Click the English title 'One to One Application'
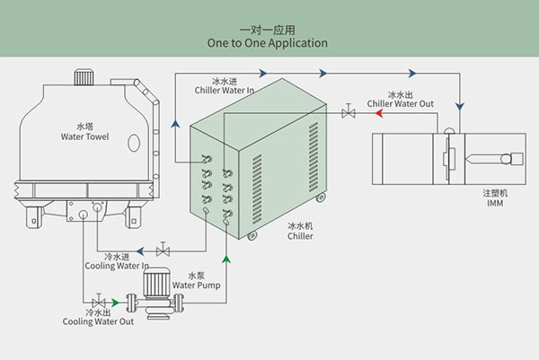267,42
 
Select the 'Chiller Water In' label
230,91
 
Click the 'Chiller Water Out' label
401,104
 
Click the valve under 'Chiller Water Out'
348,113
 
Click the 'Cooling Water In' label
117,266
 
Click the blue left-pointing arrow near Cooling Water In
138,251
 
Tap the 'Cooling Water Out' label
99,321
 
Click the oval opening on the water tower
132,143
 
